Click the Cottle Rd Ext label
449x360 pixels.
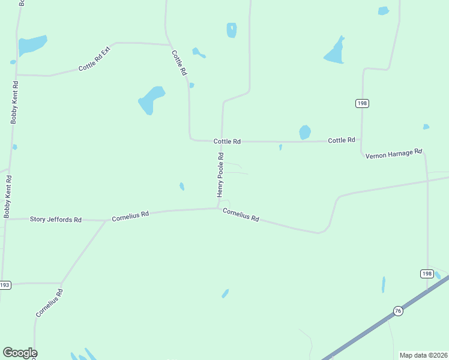pos(95,61)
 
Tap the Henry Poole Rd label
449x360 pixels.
pos(220,175)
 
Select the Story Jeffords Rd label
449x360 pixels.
pos(56,220)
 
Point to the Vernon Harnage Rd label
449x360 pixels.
pos(394,153)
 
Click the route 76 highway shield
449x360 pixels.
pos(397,310)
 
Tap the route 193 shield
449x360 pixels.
pos(5,285)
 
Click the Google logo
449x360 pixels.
pos(20,353)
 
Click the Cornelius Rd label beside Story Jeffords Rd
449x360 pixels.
pos(130,215)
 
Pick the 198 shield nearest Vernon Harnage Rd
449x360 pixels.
pos(362,103)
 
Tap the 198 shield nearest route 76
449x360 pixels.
pos(426,274)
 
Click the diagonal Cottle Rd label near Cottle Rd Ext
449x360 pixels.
pos(179,62)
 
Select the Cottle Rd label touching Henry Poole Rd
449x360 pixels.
pos(227,142)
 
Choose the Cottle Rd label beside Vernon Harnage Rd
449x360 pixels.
pos(342,140)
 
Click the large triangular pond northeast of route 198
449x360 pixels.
pos(335,53)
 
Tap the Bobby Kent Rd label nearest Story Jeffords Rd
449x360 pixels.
pos(7,196)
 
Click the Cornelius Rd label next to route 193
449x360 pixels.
pos(49,302)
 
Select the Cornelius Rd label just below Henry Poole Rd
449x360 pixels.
pos(241,215)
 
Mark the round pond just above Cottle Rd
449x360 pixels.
pos(305,132)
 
